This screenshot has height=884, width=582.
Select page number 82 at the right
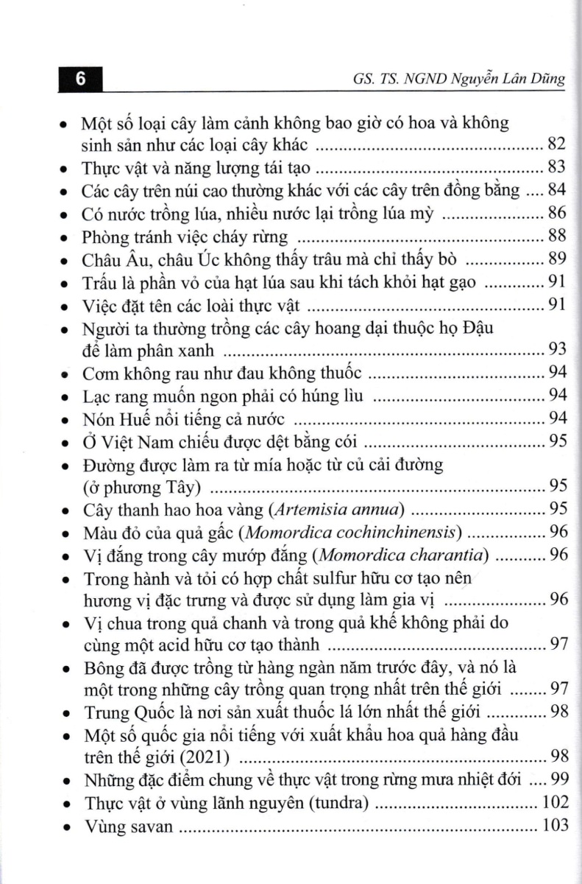click(556, 143)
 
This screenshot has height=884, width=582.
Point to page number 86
click(556, 214)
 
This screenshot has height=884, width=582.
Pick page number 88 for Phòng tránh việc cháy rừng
click(556, 236)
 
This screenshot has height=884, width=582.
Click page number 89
click(556, 259)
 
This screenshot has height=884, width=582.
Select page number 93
click(556, 348)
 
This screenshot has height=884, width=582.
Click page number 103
click(553, 825)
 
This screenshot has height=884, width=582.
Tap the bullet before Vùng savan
click(66, 827)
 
